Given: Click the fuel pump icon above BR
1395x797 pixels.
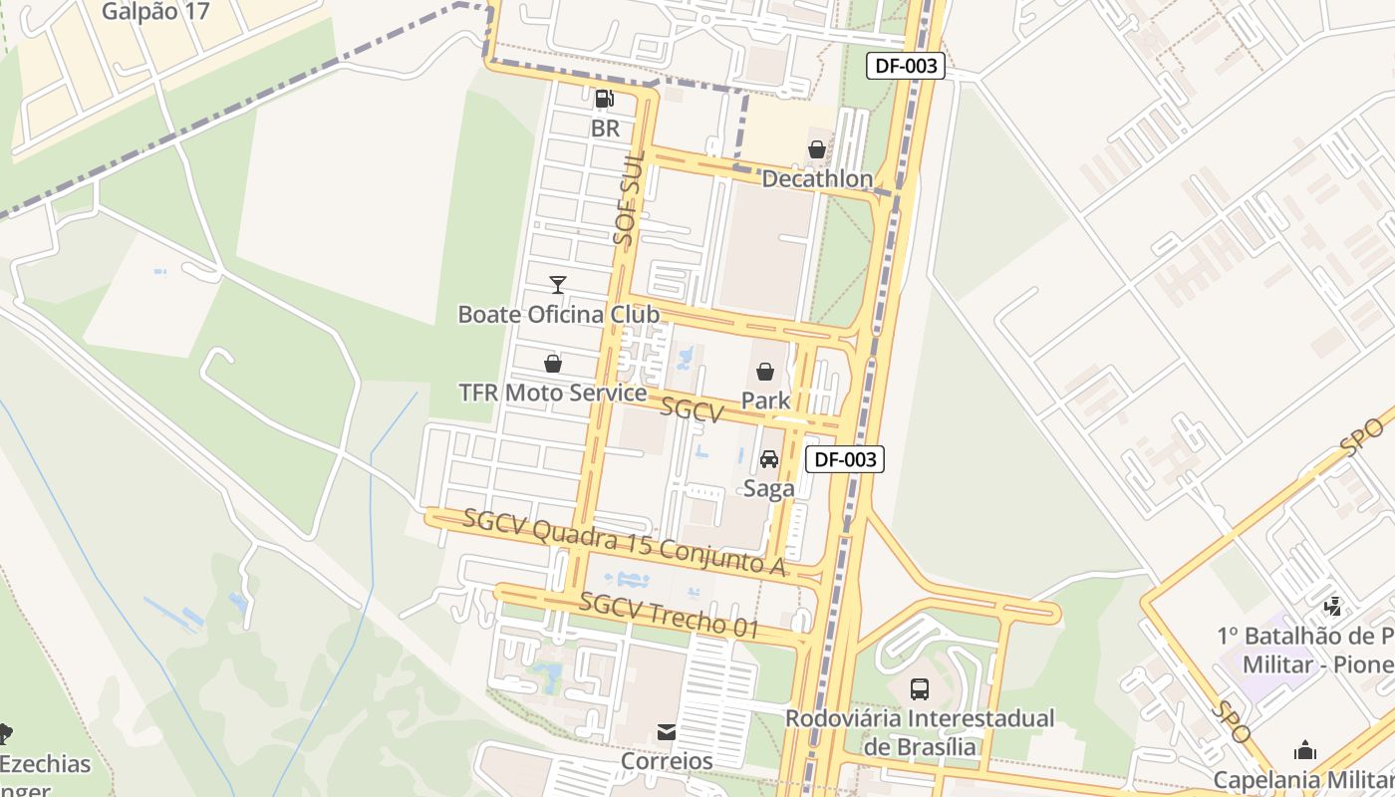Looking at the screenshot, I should [604, 99].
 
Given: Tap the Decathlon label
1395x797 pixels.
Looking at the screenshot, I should [817, 179].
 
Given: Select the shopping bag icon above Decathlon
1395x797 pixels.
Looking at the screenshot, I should [817, 149].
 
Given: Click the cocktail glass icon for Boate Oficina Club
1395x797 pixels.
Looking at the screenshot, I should [558, 285].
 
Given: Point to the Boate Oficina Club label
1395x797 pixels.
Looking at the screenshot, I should [558, 315].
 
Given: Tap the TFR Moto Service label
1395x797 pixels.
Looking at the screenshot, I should [553, 393].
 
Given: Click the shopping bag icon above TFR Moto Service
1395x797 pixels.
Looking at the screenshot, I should [553, 364].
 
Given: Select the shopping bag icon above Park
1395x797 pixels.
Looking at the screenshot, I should [765, 372].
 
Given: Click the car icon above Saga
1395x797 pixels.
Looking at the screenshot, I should [769, 459].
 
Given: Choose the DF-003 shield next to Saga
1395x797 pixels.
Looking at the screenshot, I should [844, 459].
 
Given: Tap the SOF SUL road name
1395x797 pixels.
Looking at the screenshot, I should [628, 199].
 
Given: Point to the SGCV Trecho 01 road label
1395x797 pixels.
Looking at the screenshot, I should [669, 616].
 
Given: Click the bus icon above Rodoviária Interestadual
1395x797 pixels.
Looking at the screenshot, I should [920, 688].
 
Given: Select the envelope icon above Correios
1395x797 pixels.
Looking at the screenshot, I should [667, 732].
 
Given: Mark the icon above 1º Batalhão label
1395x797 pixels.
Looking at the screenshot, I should [1332, 606].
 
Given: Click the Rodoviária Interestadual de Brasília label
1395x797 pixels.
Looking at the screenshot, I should [920, 732].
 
